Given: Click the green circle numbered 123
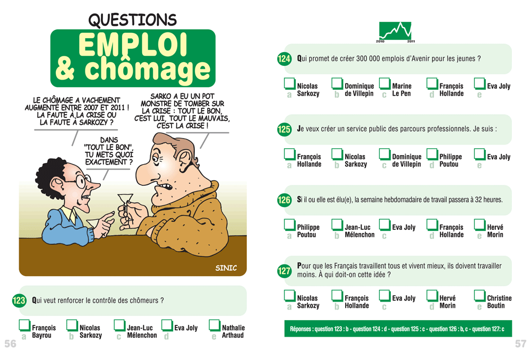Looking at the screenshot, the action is pyautogui.click(x=19, y=301).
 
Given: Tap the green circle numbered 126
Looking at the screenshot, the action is pyautogui.click(x=284, y=200).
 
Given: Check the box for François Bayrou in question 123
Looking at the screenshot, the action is pyautogui.click(x=24, y=325).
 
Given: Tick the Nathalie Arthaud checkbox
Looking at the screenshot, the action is pyautogui.click(x=215, y=325).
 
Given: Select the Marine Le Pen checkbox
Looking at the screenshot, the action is pyautogui.click(x=384, y=84).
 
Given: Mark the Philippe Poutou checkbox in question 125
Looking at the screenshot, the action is pyautogui.click(x=432, y=155).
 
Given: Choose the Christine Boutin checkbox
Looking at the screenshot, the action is pyautogui.click(x=480, y=296).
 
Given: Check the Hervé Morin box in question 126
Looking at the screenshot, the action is pyautogui.click(x=480, y=225).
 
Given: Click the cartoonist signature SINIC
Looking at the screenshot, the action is pyautogui.click(x=226, y=268).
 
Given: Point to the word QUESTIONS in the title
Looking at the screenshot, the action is pyautogui.click(x=132, y=20).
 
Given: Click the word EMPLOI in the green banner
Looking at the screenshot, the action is pyautogui.click(x=133, y=45).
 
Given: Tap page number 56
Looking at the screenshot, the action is pyautogui.click(x=10, y=344).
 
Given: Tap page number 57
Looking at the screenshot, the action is pyautogui.click(x=520, y=344).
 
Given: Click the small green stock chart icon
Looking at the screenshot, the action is pyautogui.click(x=395, y=31).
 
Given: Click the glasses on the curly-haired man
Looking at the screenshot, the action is pyautogui.click(x=81, y=181).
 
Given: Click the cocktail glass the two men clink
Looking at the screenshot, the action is pyautogui.click(x=125, y=203).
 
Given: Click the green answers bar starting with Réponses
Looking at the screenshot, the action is pyautogui.click(x=398, y=329).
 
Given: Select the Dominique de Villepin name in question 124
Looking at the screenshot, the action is pyautogui.click(x=359, y=90).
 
